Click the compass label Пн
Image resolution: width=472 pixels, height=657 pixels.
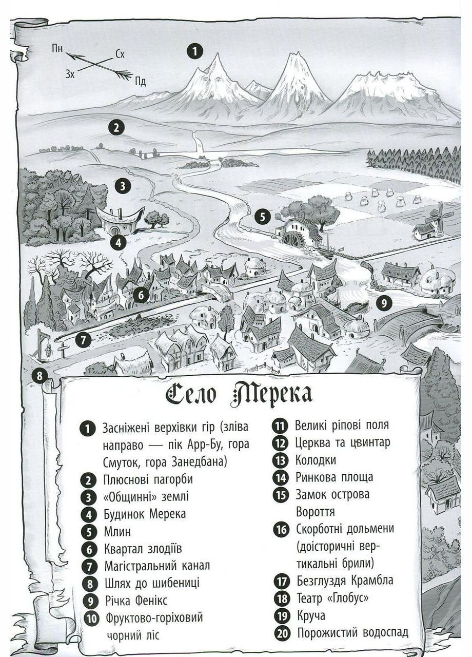[x=57, y=49]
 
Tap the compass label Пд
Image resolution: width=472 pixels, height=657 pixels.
[x=140, y=81]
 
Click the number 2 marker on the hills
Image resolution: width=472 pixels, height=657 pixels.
[x=117, y=127]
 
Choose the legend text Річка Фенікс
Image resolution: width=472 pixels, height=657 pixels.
[x=135, y=600]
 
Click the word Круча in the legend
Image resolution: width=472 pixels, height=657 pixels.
[x=310, y=615]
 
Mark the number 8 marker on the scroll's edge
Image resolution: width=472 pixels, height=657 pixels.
[x=41, y=376]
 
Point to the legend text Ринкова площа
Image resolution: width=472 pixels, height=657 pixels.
[x=334, y=477]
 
